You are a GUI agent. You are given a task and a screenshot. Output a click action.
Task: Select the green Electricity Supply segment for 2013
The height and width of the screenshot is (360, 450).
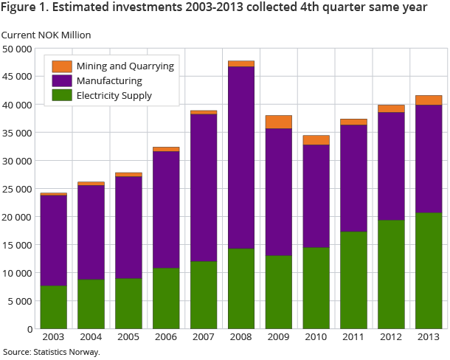click(x=428, y=270)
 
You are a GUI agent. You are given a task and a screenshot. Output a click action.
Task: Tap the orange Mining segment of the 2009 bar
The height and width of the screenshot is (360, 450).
click(x=279, y=122)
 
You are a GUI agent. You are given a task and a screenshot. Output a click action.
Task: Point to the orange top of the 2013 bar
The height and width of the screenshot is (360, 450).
click(x=428, y=100)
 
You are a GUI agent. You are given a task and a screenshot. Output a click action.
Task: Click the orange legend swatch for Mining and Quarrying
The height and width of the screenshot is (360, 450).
click(x=63, y=66)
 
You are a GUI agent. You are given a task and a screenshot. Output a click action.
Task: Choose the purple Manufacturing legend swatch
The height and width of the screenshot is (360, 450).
click(x=63, y=80)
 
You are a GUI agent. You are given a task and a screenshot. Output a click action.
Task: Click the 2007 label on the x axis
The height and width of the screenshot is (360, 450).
click(x=204, y=338)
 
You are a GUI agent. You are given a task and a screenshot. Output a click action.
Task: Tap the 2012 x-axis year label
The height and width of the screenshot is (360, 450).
click(x=391, y=338)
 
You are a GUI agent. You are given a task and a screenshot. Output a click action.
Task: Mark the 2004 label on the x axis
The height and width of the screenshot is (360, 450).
click(x=91, y=338)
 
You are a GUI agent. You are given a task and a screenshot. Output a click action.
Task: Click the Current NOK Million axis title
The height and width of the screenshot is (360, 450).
click(x=46, y=35)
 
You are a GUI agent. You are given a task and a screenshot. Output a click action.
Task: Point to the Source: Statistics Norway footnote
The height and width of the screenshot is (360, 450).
click(x=51, y=352)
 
